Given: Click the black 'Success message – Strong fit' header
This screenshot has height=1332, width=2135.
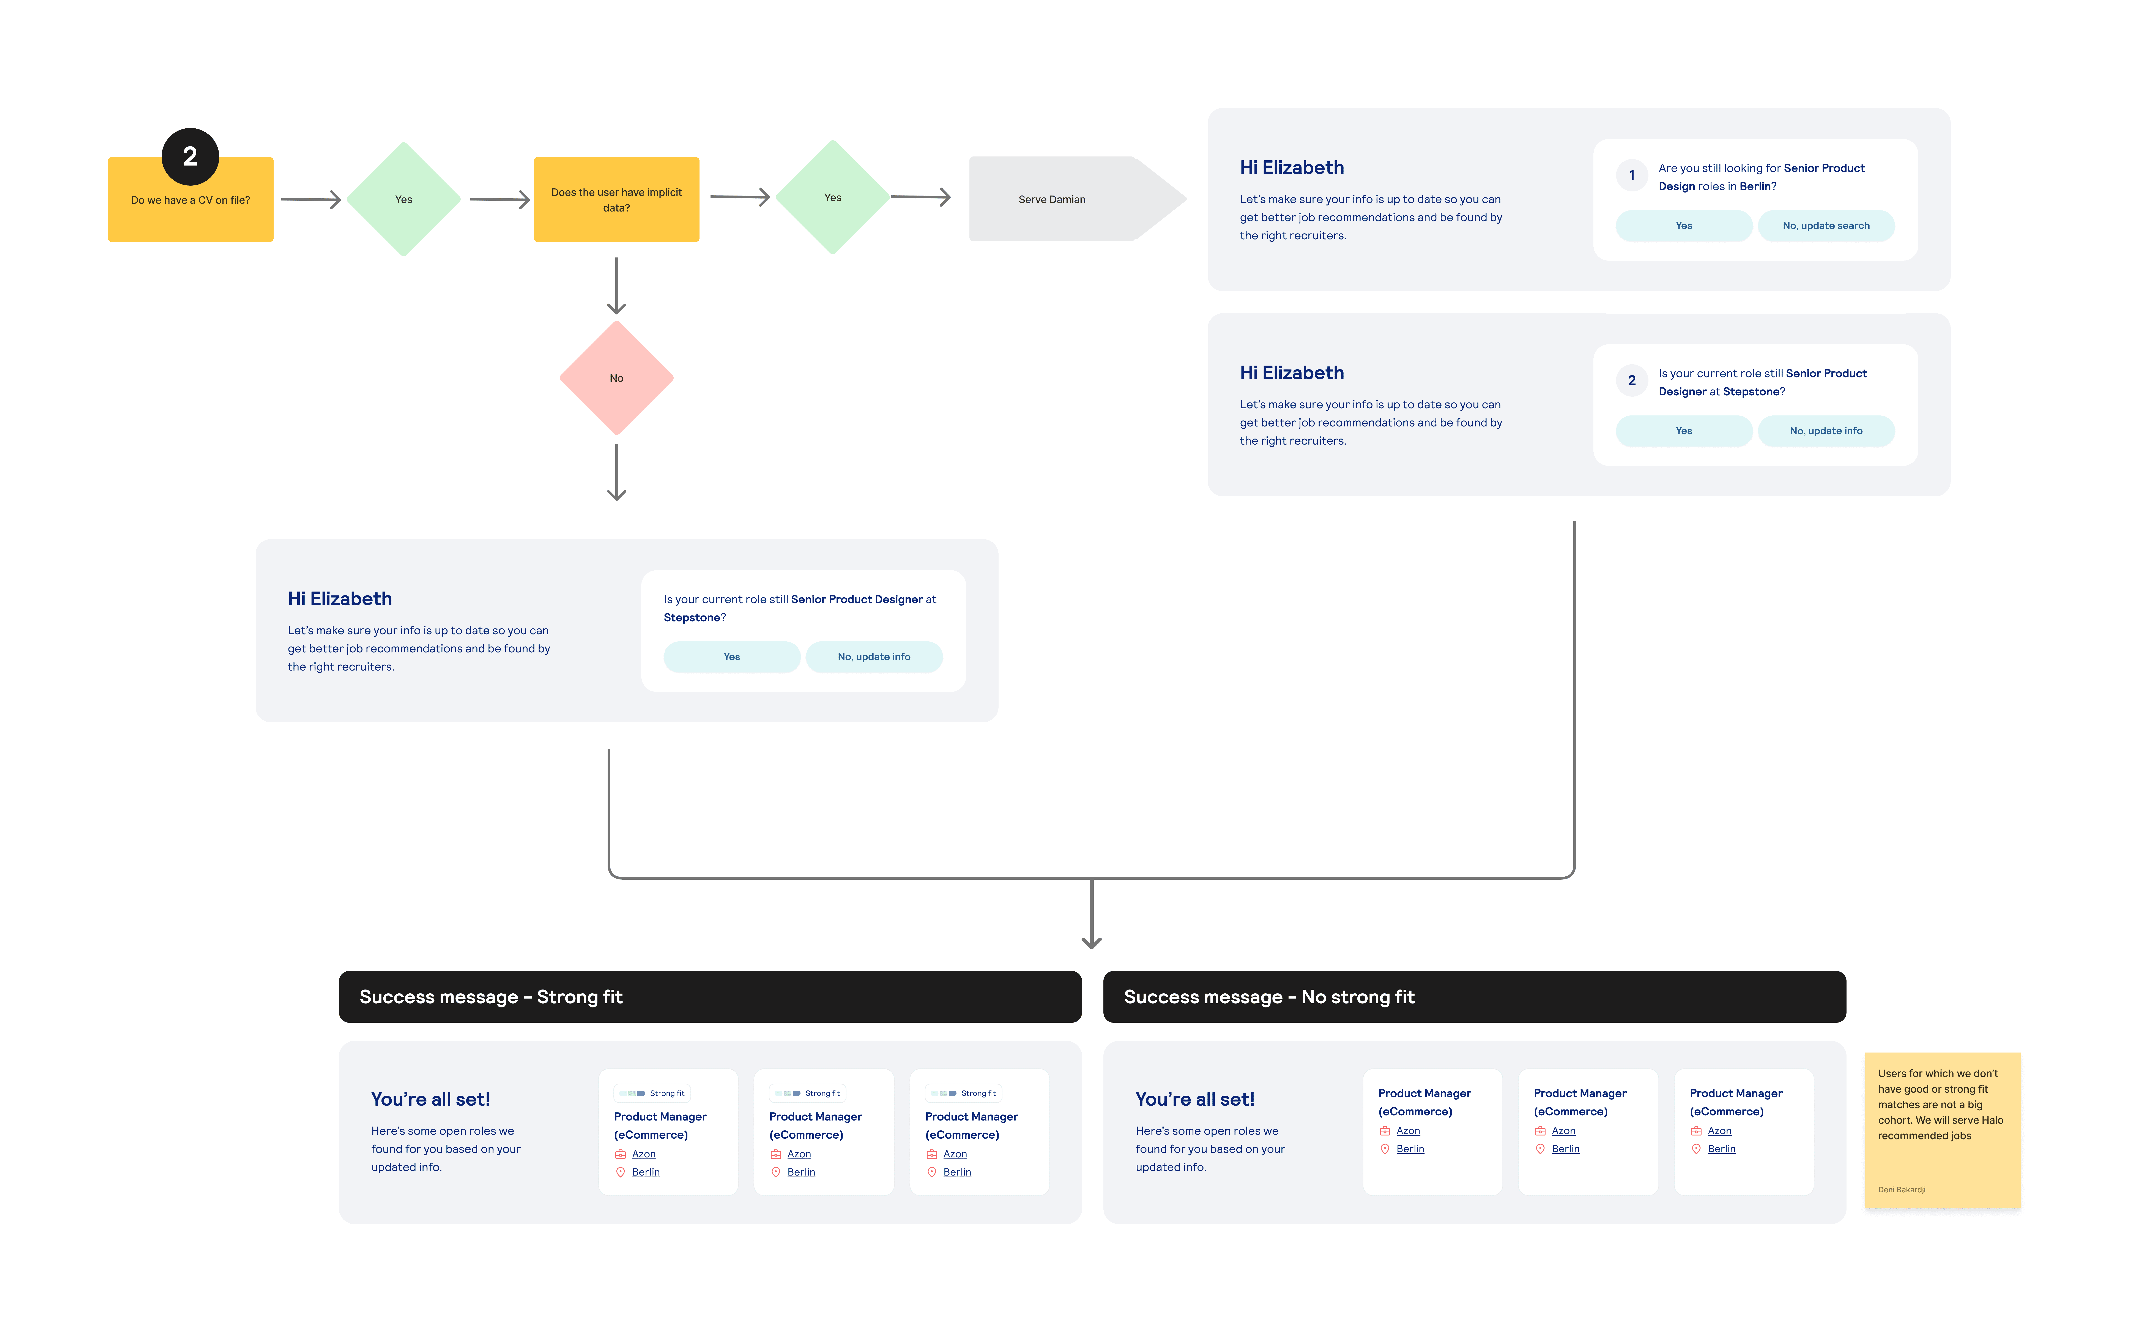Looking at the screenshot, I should click(710, 996).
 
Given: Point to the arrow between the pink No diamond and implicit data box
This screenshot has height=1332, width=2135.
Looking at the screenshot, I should click(616, 286).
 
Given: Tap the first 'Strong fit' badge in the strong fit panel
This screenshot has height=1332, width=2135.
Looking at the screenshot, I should click(652, 1093).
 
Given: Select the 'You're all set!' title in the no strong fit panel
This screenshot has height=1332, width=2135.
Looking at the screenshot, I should click(1194, 1099).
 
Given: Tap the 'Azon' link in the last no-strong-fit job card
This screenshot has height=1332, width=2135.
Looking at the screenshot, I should click(1718, 1131).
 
